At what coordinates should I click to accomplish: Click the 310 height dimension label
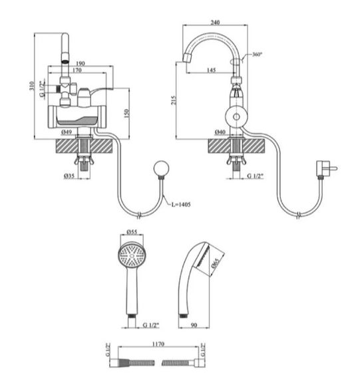[x=32, y=86]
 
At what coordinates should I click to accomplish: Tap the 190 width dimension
[x=81, y=63]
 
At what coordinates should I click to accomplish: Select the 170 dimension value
[x=77, y=70]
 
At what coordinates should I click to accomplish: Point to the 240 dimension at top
[x=215, y=23]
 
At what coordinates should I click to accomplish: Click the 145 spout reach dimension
[x=211, y=70]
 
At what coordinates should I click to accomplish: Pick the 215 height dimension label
[x=174, y=100]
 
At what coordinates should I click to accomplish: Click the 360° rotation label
[x=257, y=54]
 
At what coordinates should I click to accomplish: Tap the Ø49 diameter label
[x=67, y=132]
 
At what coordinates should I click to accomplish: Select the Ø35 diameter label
[x=69, y=176]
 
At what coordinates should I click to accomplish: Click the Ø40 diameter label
[x=220, y=132]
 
